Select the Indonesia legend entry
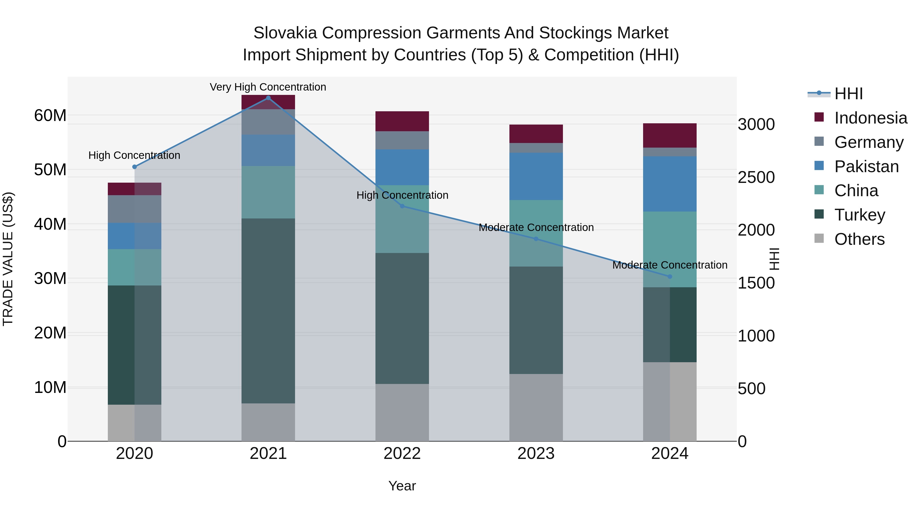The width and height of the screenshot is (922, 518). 870,118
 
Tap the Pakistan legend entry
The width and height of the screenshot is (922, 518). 866,167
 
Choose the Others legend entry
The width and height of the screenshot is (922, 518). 859,239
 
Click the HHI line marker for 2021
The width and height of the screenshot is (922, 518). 268,98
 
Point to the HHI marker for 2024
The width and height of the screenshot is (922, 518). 670,276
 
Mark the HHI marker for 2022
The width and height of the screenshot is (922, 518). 402,206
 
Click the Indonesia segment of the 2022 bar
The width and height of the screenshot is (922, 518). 402,121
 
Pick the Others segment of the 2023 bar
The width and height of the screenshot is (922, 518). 536,407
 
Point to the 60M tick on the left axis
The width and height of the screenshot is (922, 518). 50,115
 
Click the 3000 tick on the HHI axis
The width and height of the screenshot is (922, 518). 756,124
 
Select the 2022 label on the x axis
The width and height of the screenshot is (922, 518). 402,454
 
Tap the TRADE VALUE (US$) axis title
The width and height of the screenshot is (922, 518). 8,259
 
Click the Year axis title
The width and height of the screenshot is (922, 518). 402,486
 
